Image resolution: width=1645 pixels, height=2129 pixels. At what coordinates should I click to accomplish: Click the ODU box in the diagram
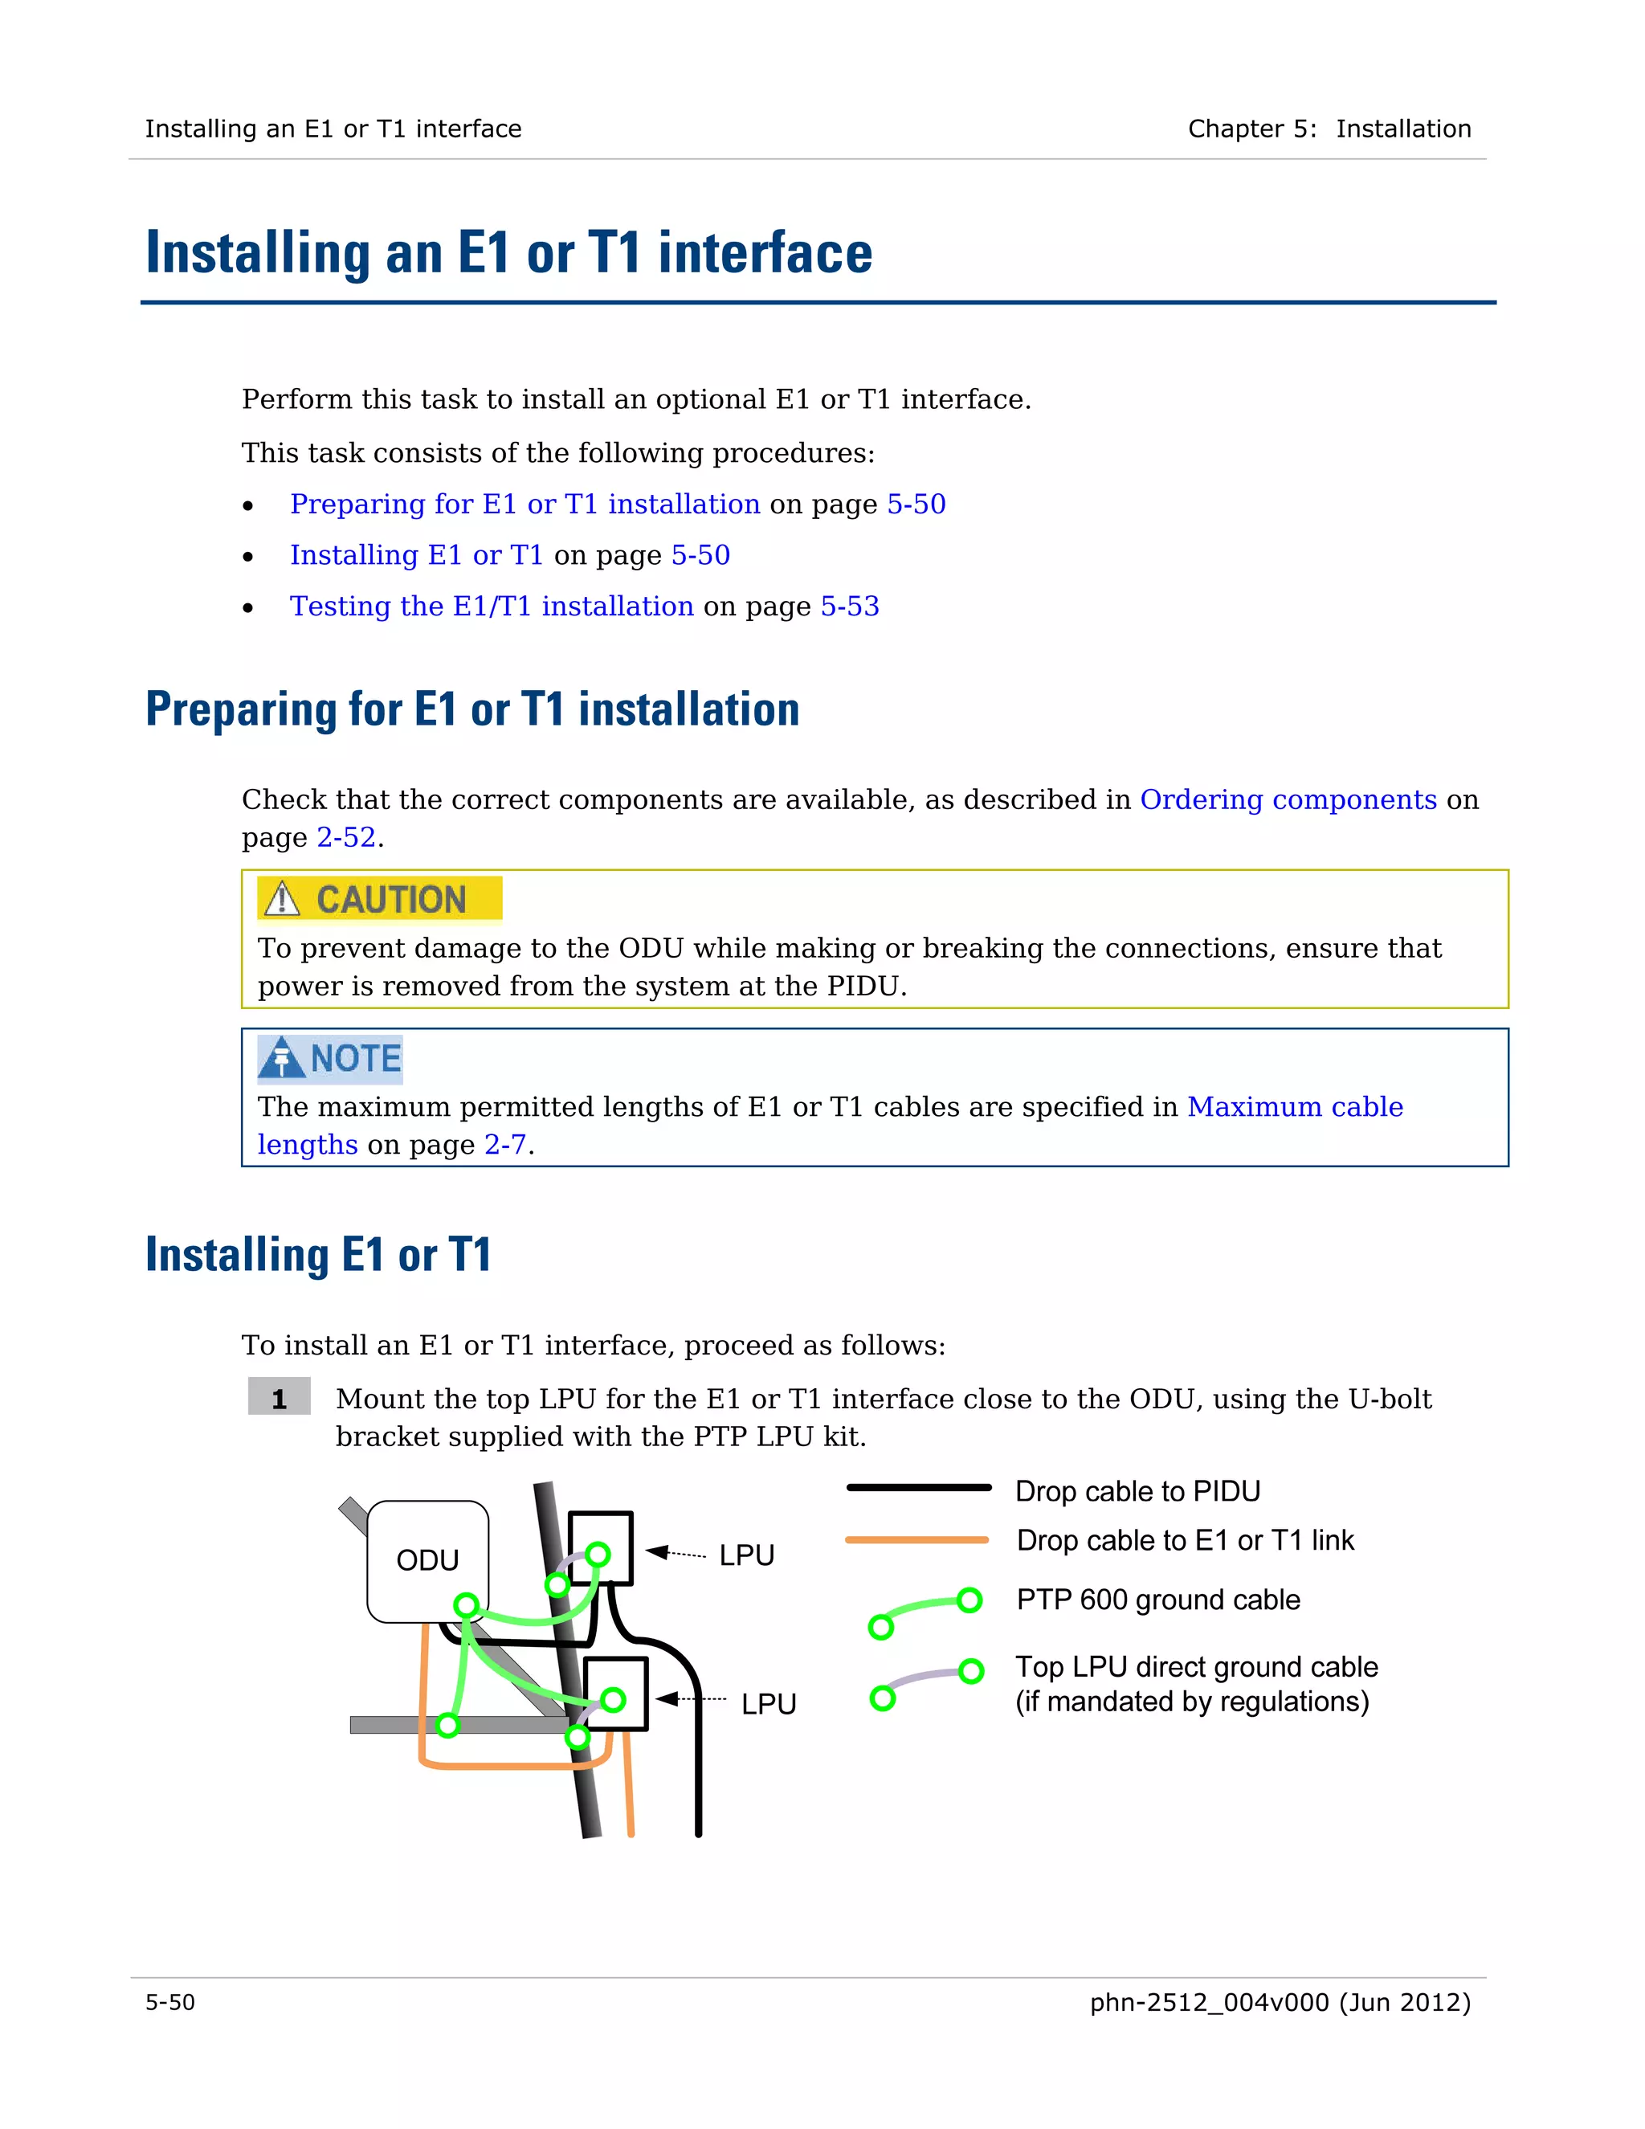coord(428,1559)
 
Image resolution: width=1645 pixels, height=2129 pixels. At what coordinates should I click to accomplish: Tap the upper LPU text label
coord(746,1555)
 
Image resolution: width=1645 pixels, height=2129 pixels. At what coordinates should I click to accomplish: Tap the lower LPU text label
coord(768,1704)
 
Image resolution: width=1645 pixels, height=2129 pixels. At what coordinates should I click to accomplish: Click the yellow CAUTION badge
coord(380,899)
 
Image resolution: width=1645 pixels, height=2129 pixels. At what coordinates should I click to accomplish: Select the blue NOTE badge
coord(330,1059)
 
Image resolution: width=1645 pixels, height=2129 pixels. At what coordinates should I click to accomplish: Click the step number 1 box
coord(279,1399)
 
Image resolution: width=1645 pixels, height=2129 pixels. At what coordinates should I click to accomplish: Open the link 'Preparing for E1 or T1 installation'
coord(525,504)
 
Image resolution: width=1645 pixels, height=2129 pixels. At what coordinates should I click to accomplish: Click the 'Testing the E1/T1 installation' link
coord(491,607)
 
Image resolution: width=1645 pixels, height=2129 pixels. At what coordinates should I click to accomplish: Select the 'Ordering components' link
coord(1288,799)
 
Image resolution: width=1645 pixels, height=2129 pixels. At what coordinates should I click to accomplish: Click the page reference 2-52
coord(346,837)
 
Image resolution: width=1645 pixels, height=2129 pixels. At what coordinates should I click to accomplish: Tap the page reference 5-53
coord(850,607)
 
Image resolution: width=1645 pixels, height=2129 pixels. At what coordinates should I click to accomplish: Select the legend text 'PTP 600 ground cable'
coord(1157,1600)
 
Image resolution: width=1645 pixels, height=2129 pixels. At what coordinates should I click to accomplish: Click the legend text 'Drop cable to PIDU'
coord(1137,1491)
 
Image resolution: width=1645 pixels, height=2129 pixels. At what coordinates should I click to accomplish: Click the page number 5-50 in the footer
coord(170,2002)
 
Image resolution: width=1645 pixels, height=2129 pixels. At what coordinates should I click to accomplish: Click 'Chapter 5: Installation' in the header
coord(1329,129)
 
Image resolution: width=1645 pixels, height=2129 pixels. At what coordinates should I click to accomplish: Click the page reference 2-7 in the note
coord(504,1144)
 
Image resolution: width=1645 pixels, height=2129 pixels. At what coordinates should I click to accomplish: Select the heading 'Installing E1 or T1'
coord(318,1255)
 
